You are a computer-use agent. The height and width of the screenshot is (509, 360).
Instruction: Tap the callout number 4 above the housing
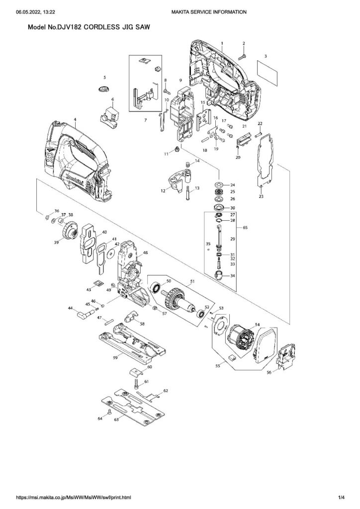coord(75,119)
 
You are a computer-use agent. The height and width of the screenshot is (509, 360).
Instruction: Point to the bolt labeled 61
coord(136,384)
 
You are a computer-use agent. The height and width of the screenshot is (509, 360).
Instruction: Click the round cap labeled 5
coord(104,89)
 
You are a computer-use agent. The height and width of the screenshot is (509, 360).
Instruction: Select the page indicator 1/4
coord(341,497)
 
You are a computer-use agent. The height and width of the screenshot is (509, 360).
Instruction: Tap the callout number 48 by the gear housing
coord(146,253)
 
